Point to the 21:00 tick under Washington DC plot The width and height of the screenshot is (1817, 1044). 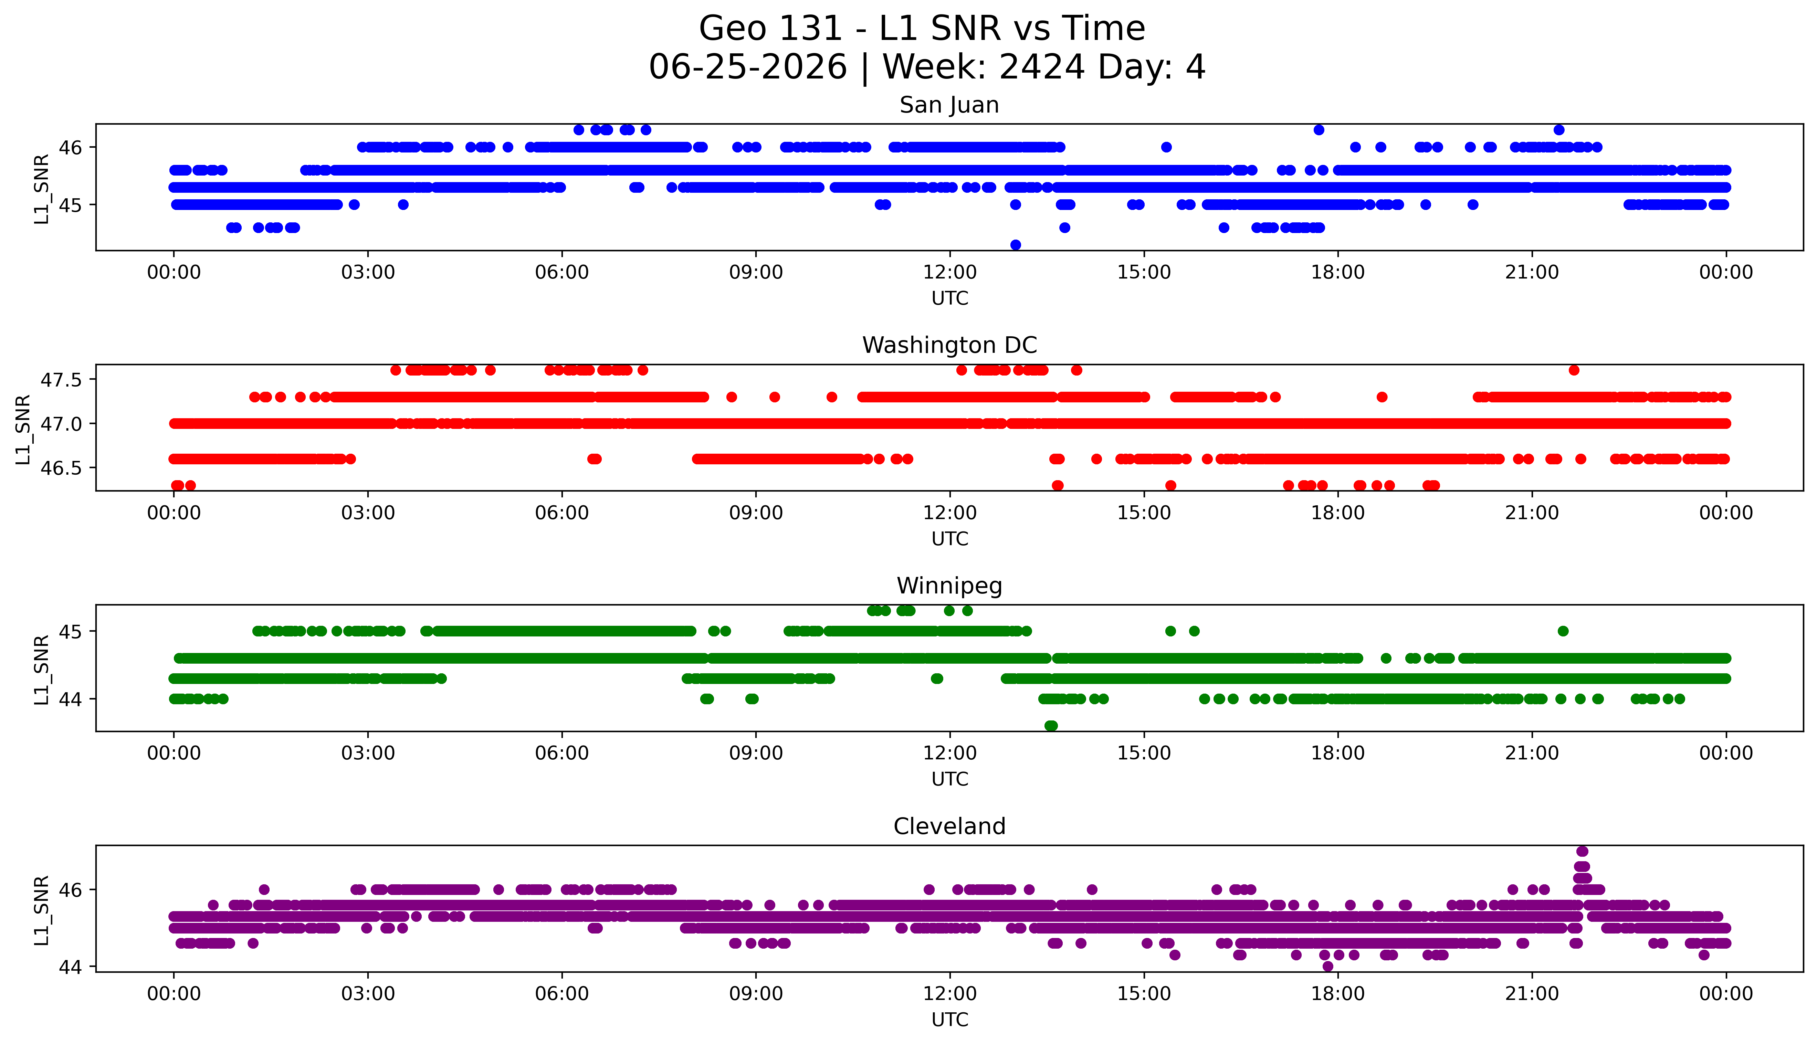click(x=1532, y=513)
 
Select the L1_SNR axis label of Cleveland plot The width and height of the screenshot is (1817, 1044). click(x=42, y=909)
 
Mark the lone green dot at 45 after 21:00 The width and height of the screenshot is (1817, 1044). click(x=1563, y=631)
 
